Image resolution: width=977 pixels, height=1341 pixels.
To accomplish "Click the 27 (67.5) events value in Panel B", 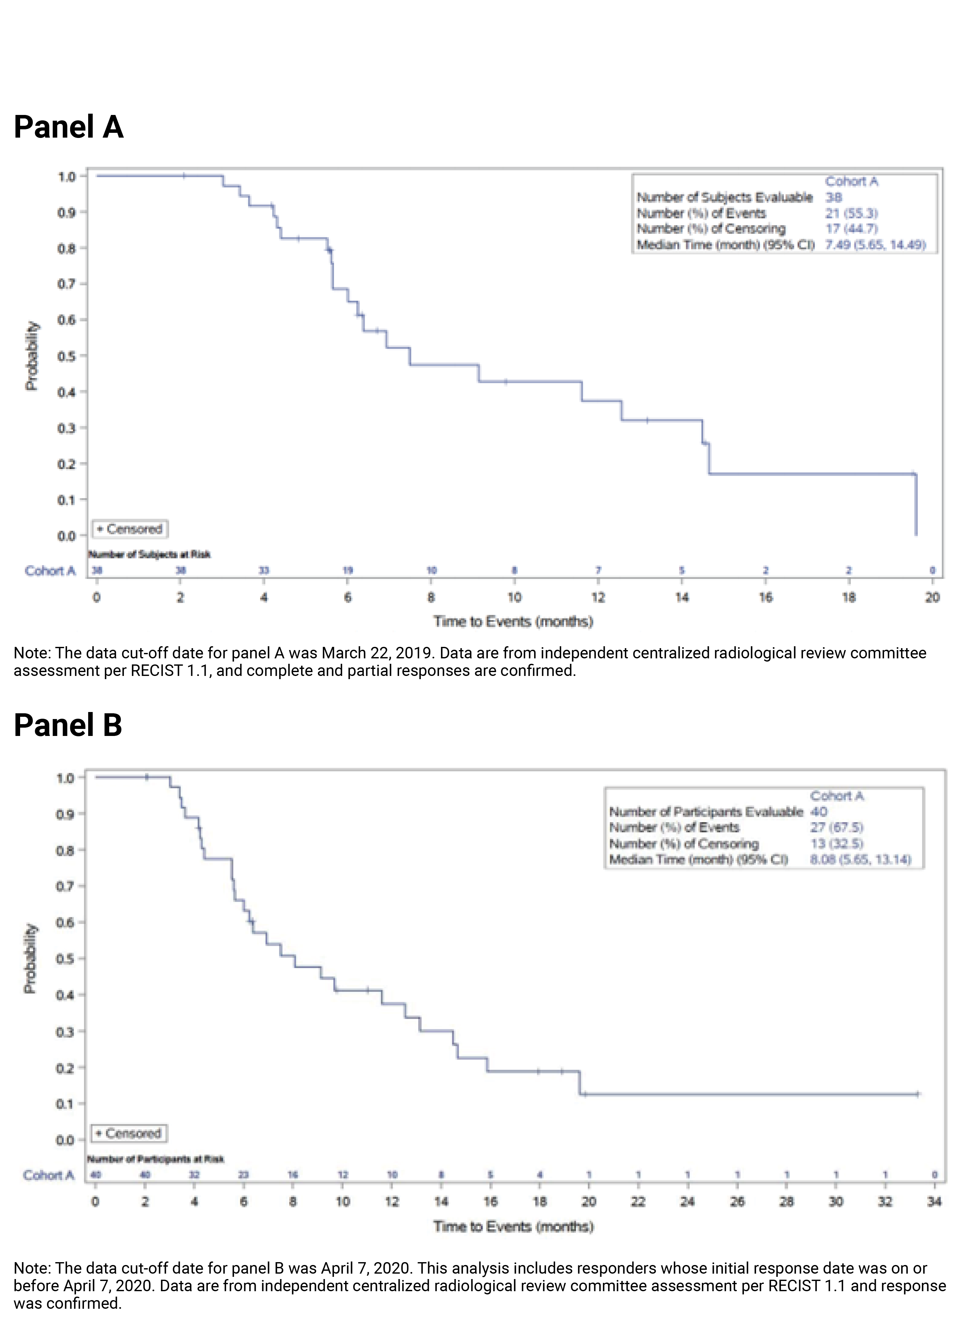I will (x=836, y=827).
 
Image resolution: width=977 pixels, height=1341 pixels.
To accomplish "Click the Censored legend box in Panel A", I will (x=130, y=529).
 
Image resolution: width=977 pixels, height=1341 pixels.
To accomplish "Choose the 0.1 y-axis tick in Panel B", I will (x=65, y=1104).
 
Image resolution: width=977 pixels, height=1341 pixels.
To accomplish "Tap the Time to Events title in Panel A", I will (x=513, y=621).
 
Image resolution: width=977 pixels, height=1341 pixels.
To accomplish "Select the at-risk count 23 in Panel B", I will (x=243, y=1175).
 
